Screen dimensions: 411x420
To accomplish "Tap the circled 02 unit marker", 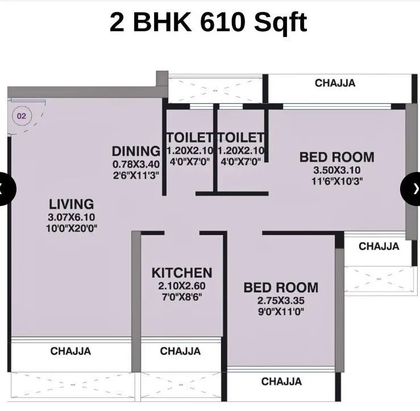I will [x=22, y=116].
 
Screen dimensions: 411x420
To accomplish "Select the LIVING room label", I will [x=71, y=204].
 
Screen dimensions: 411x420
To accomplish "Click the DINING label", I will [x=136, y=151].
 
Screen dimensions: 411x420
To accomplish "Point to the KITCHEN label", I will [x=181, y=273].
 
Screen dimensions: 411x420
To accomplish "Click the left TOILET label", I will [x=189, y=137].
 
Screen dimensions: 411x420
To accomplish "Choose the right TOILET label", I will [x=241, y=137].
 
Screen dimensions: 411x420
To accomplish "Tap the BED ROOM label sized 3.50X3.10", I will [x=336, y=157].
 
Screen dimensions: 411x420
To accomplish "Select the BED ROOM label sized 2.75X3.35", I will [x=281, y=287].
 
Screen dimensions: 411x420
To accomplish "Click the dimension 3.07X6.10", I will [x=71, y=217].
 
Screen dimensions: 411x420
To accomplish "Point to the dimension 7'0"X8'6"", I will [x=181, y=296].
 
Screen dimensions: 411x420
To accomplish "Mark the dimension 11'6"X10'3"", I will [x=336, y=181].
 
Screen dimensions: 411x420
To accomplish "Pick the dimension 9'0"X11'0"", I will [x=281, y=311].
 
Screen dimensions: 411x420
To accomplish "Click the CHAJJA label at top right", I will [x=335, y=83].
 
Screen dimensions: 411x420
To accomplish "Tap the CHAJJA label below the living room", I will [x=70, y=351].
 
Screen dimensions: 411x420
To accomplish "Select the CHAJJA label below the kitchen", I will [x=180, y=351].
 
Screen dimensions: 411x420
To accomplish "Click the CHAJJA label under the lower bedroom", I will [x=281, y=381].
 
